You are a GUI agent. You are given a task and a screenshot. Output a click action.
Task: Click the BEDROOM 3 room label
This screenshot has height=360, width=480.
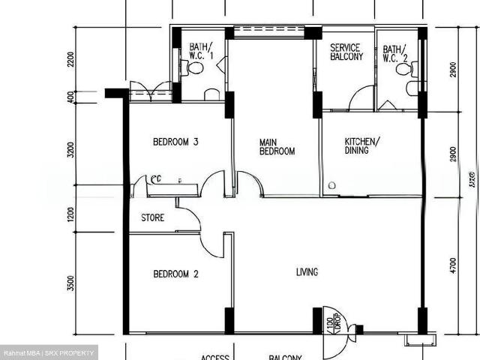(175, 142)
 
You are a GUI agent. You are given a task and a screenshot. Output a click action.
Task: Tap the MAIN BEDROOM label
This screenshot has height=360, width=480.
(277, 146)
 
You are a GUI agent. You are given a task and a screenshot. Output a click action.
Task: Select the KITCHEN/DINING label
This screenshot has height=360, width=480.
(362, 146)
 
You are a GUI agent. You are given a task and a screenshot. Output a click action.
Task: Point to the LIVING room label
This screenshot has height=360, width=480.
(307, 271)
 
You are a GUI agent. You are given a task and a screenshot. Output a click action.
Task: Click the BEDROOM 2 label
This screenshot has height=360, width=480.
(175, 274)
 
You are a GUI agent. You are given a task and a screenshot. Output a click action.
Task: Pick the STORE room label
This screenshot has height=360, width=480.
(153, 219)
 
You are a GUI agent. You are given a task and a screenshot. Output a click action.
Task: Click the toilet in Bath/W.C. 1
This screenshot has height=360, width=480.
(194, 68)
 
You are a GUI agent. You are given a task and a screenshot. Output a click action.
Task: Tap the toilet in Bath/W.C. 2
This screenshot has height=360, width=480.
(403, 70)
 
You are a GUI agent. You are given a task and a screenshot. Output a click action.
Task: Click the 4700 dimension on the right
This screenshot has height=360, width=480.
(452, 266)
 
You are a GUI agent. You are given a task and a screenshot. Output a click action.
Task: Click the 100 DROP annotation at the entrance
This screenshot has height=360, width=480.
(332, 323)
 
